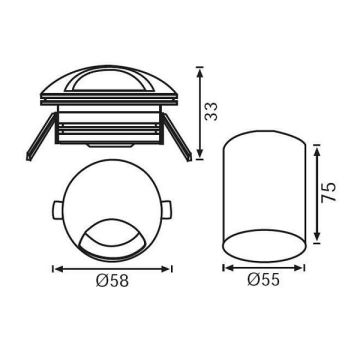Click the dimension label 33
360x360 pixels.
tap(211, 111)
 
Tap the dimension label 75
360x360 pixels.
tap(328, 192)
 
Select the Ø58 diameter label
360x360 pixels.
tap(112, 281)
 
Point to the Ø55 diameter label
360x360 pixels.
tap(263, 280)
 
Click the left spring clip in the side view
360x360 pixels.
tap(41, 137)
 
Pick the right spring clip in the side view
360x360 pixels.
tap(177, 137)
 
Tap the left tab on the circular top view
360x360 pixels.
tap(57, 210)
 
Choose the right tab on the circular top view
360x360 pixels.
tap(167, 210)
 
